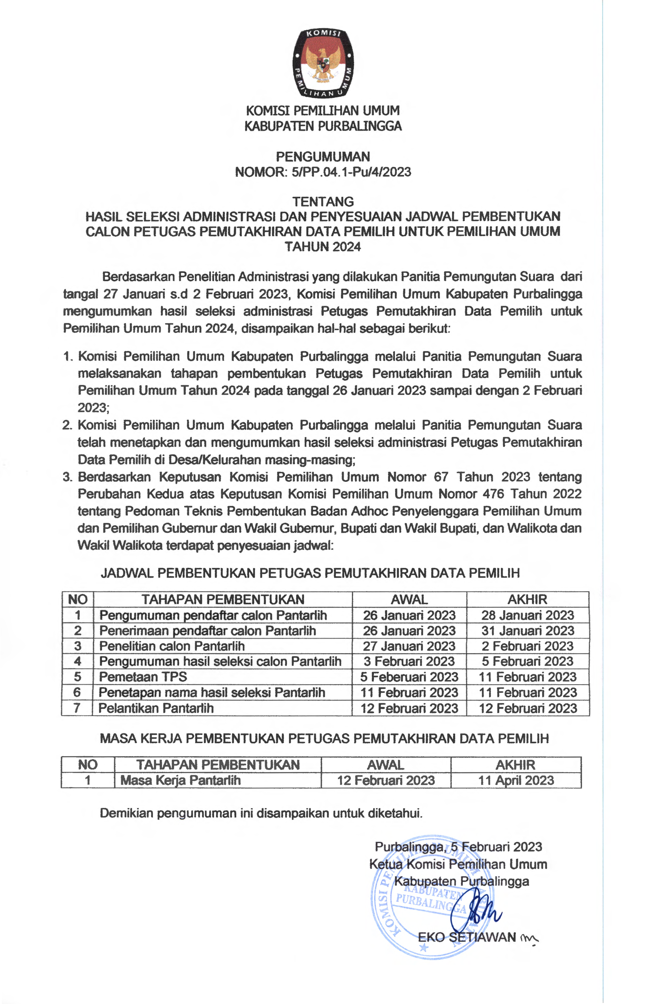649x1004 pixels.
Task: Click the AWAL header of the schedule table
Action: tap(409, 599)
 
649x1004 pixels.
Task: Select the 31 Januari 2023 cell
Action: tap(528, 631)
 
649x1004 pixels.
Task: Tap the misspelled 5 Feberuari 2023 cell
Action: tap(409, 677)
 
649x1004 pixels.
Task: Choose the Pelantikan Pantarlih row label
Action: tap(156, 708)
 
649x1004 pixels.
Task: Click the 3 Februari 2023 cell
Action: tap(409, 661)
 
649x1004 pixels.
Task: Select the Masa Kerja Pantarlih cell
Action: tap(180, 780)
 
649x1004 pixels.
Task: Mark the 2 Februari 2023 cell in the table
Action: tap(528, 646)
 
